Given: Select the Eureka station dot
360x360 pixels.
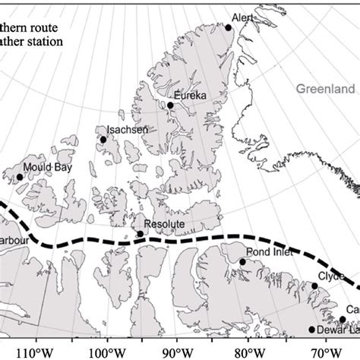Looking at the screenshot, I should (x=171, y=106).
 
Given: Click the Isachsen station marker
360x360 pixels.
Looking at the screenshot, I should (x=103, y=139).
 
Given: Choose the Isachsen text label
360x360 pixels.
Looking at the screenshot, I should (x=122, y=130).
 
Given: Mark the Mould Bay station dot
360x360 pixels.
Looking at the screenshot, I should (x=20, y=177).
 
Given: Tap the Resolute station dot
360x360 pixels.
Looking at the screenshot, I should (x=140, y=233).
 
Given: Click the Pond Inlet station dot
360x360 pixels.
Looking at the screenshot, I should (x=243, y=262).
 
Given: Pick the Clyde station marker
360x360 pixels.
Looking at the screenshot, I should (x=315, y=286).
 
